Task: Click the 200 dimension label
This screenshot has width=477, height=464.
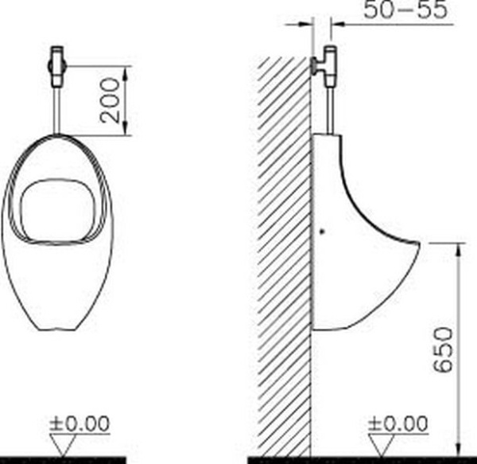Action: click(114, 101)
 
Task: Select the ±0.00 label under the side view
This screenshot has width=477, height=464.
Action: click(399, 424)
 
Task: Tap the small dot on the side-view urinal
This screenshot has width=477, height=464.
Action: click(320, 232)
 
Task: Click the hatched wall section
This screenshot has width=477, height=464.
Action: click(282, 255)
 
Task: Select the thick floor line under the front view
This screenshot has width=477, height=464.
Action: click(64, 460)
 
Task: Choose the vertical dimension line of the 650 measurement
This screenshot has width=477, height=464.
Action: click(459, 350)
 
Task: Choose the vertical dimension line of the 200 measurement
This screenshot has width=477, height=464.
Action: click(126, 101)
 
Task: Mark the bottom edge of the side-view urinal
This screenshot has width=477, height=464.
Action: click(334, 328)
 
